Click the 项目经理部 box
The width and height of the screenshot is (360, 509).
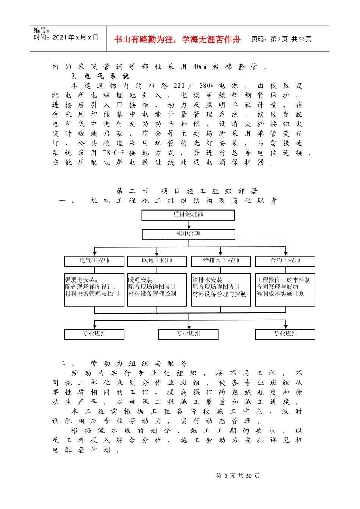(188, 215)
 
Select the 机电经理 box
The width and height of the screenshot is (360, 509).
(188, 234)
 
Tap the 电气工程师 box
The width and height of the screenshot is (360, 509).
(94, 261)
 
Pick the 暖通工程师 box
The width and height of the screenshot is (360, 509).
(157, 261)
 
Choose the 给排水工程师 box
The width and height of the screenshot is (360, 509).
(221, 261)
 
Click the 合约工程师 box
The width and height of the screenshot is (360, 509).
(285, 261)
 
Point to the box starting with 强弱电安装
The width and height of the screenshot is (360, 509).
(94, 290)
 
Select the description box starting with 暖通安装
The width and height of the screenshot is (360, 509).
(157, 290)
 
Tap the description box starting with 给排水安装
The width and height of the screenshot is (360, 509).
(221, 290)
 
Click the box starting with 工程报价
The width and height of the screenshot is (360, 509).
(285, 290)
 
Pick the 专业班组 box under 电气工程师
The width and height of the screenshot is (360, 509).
(94, 334)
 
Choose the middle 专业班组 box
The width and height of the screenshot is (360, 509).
(188, 334)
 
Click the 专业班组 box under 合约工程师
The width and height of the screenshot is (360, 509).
(285, 334)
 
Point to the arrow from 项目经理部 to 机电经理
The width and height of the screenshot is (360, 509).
(189, 225)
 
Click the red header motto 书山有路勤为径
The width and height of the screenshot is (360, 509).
(177, 39)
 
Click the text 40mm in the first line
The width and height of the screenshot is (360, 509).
(200, 67)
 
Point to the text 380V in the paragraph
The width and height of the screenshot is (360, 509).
(207, 86)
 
